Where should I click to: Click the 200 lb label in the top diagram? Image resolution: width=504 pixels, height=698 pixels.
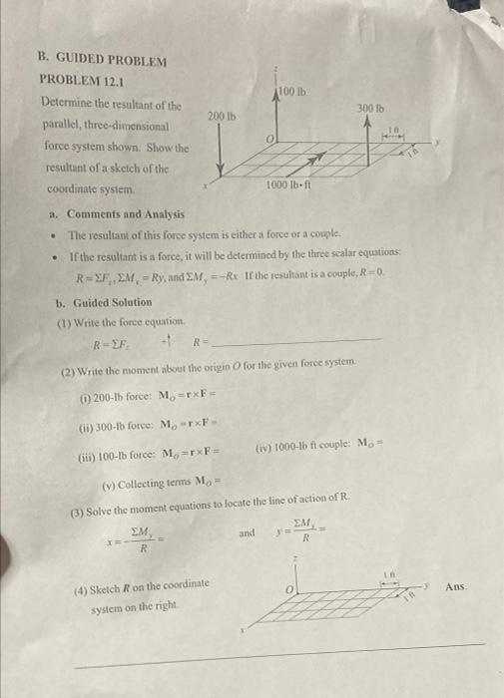(x=221, y=117)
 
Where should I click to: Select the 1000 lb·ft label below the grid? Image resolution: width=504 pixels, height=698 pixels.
(x=291, y=185)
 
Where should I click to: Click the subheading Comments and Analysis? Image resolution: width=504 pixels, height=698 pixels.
(x=125, y=214)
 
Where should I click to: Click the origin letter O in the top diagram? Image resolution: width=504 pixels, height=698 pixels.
(x=268, y=137)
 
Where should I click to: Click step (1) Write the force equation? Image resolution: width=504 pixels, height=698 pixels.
(x=124, y=321)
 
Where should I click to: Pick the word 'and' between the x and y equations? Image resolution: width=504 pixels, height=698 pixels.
(x=247, y=533)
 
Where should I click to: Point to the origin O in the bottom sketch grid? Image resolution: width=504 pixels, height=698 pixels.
(x=284, y=590)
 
